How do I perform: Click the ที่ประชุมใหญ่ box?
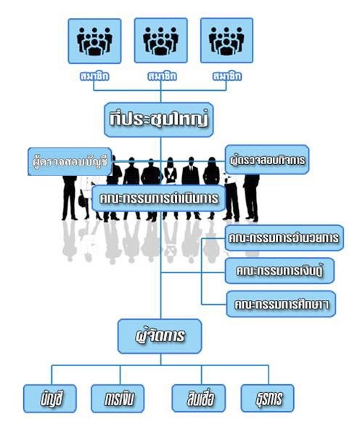coord(159,120)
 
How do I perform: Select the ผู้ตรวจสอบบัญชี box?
coord(70,161)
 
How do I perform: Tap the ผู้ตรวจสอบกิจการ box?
coord(267,160)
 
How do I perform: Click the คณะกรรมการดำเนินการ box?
coord(159,198)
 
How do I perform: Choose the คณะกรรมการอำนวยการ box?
coord(284,238)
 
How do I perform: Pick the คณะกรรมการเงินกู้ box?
coord(279,271)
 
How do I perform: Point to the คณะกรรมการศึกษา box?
coord(281,304)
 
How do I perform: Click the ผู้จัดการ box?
coord(160,336)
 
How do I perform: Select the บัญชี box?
coord(50,399)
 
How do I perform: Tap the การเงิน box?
coord(118,399)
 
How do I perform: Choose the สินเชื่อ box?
coord(199,398)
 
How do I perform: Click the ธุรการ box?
coord(267,398)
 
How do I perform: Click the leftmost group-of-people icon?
coord(94,41)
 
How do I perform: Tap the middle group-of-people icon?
coord(161,41)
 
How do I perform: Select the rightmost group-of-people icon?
coord(226,41)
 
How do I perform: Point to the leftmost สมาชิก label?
coord(94,76)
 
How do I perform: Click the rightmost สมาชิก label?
coord(227,76)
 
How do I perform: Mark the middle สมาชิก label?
coord(162,76)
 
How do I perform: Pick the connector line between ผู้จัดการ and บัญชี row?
coord(160,360)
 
